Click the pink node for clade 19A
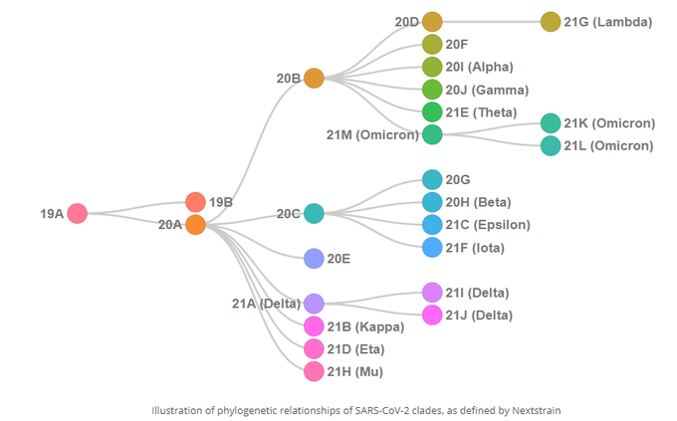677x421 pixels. coord(78,213)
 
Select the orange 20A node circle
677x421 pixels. coord(195,225)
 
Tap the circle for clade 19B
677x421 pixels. coord(195,202)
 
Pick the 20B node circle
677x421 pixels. coord(314,78)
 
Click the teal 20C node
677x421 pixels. coord(314,213)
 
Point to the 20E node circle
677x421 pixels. coord(314,259)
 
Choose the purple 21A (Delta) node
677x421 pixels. coord(314,304)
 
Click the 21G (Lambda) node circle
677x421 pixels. coord(551,21)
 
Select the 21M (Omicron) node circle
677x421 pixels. coord(432,134)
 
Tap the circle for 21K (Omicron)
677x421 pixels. coord(551,123)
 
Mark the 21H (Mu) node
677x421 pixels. coord(314,371)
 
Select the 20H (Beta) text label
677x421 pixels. coord(478,202)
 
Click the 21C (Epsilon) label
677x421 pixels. coord(488,225)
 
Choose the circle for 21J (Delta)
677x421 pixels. coord(432,315)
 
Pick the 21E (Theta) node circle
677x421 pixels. coord(432,111)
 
